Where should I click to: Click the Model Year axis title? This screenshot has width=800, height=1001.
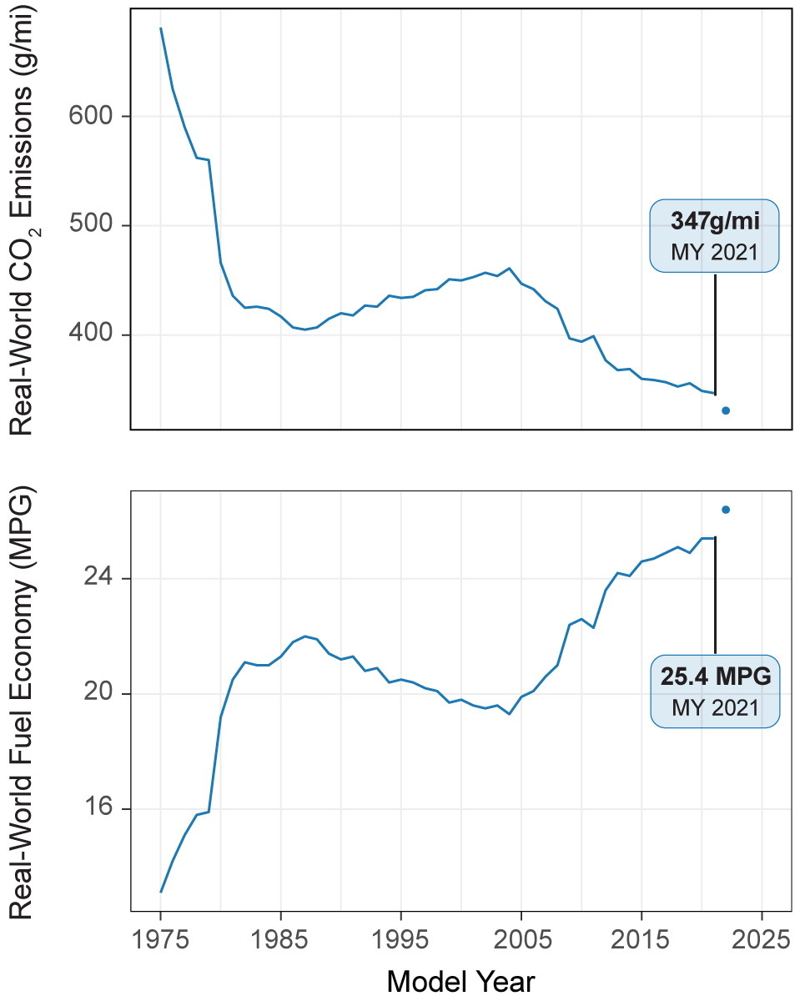[460, 980]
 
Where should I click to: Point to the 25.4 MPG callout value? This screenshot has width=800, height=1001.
[716, 677]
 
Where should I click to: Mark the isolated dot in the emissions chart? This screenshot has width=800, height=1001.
[726, 410]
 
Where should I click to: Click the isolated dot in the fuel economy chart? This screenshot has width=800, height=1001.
[726, 510]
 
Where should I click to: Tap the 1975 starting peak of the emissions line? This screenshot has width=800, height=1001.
[161, 28]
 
